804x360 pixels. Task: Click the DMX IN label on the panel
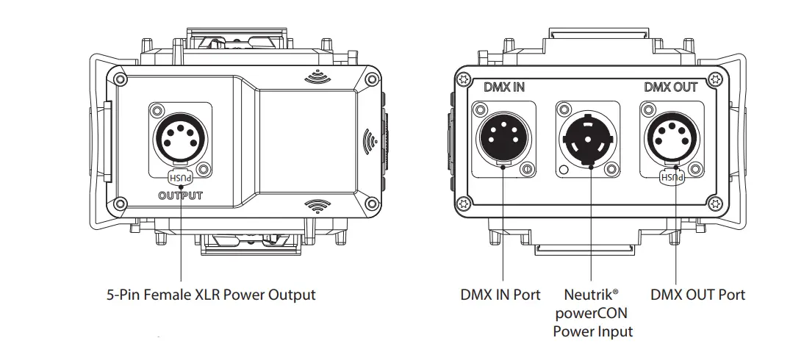504,87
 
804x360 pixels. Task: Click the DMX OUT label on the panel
670,87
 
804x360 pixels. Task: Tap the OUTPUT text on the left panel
180,195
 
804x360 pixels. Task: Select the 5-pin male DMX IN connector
503,137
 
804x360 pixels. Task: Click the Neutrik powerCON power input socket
589,137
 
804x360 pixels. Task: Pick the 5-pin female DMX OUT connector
671,137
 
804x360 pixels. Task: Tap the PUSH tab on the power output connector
180,178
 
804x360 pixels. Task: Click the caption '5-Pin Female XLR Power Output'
211,295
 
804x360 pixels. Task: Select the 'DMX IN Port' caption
500,295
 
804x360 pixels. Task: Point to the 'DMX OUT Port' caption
697,295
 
